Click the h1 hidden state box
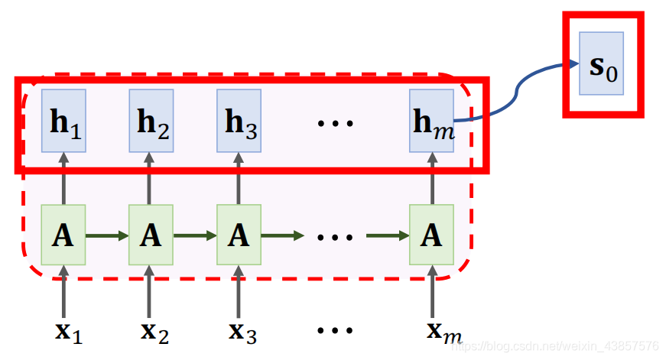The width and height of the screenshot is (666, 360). coord(63,120)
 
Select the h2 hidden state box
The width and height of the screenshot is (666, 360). coord(151,120)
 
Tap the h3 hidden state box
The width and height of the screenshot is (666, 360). coord(239,120)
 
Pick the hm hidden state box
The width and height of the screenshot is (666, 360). coord(431,120)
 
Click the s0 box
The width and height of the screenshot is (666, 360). coord(601,63)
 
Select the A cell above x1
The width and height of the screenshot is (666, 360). coord(63,235)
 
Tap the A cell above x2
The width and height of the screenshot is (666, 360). coord(151,235)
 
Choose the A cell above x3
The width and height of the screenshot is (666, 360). coord(239,235)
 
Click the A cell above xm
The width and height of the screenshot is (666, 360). coord(431,235)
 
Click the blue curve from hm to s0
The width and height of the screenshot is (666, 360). coord(520,90)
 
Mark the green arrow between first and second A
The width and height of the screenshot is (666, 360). coord(107,235)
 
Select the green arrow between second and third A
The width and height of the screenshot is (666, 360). coord(195,235)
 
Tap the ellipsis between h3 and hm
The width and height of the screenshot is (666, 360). coord(335,122)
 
